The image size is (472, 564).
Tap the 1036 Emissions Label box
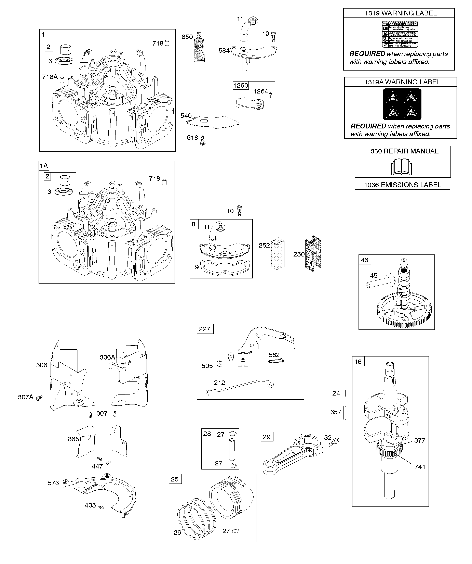point(403,185)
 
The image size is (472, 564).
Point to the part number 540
point(186,116)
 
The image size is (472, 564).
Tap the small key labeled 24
point(345,394)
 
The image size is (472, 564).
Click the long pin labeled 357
point(345,413)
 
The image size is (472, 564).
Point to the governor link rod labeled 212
point(239,387)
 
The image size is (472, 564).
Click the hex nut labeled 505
point(219,364)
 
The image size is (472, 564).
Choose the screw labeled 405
point(101,507)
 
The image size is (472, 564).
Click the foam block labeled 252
point(278,253)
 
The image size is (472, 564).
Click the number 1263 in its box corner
point(241,85)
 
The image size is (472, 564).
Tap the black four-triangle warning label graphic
point(402,104)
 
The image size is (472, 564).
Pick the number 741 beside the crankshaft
point(420,467)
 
